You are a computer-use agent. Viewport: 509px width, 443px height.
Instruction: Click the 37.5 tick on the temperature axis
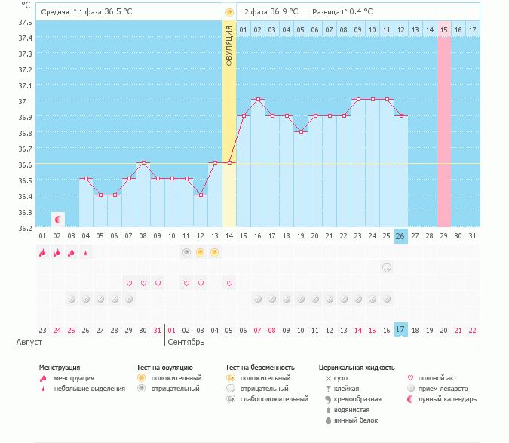coord(24,22)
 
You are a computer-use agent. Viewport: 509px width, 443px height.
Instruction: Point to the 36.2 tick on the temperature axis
coord(24,228)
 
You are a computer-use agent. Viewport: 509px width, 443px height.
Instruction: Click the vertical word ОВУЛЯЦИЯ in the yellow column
coord(229,45)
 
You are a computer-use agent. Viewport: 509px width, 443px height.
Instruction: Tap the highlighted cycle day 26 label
coord(400,236)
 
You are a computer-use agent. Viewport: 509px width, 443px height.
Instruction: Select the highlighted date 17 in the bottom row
coord(400,330)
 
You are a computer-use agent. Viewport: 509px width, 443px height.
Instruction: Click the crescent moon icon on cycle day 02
coord(58,219)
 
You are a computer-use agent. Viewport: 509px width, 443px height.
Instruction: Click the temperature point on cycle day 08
coord(143,162)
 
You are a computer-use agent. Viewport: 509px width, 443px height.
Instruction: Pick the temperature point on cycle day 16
coord(258,99)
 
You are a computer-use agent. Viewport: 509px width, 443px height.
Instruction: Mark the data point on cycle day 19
coord(301,131)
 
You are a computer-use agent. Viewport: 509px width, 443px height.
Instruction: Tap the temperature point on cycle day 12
coord(201,195)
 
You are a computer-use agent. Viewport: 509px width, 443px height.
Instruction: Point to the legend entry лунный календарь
coord(449,398)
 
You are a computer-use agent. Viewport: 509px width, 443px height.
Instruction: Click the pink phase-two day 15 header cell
coord(444,29)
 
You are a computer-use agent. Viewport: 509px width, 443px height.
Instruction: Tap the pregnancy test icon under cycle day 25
coord(387,267)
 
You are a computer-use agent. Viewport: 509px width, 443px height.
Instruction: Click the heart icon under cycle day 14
coord(229,283)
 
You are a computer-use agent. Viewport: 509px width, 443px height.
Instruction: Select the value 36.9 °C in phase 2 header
coord(284,12)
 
